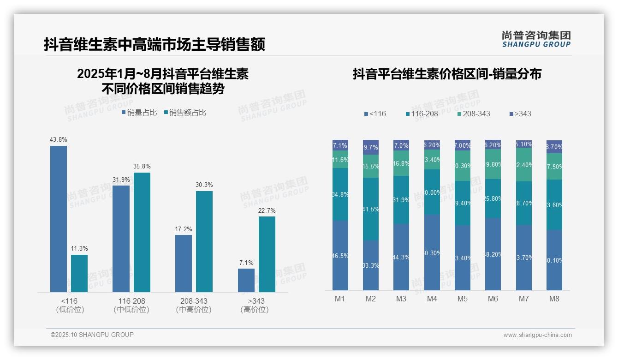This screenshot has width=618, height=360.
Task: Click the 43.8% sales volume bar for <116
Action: [59, 219]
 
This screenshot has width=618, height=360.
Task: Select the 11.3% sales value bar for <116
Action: [79, 273]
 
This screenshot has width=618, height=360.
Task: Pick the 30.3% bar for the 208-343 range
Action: [204, 241]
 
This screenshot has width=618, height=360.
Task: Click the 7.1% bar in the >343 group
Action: [246, 280]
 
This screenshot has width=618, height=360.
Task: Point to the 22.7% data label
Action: [267, 211]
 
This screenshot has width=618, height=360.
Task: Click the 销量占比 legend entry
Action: [139, 112]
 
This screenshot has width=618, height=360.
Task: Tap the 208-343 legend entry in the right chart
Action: [474, 114]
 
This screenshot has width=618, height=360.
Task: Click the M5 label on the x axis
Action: [463, 299]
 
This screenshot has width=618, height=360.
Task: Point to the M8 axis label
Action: [554, 299]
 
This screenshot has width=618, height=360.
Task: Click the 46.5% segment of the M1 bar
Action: [340, 255]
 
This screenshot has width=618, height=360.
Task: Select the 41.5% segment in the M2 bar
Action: [371, 209]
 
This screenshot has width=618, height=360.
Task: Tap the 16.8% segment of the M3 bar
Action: [401, 163]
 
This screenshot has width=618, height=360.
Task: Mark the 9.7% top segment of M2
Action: [371, 147]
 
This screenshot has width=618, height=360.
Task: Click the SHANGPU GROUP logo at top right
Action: [536, 39]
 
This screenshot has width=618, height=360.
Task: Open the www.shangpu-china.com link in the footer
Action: [537, 335]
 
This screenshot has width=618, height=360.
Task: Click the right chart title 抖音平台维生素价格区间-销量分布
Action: [447, 74]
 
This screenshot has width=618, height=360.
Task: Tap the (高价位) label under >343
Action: [254, 310]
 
